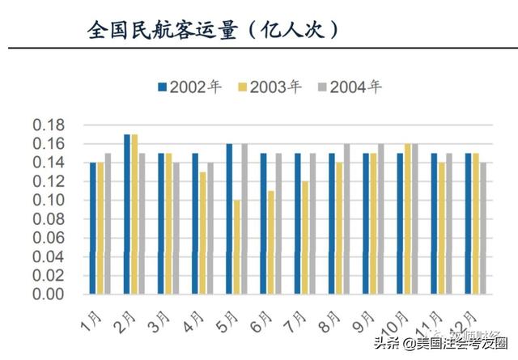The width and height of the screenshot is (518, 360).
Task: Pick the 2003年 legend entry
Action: pos(270,87)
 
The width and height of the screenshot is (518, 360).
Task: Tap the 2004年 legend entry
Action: pos(352,87)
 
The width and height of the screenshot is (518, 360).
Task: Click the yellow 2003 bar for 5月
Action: pos(236,247)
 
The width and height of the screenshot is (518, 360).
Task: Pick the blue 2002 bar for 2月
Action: pos(127,214)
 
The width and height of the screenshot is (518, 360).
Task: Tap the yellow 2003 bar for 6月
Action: pos(270,242)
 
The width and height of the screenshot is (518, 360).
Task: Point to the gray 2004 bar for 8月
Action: pos(347,218)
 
